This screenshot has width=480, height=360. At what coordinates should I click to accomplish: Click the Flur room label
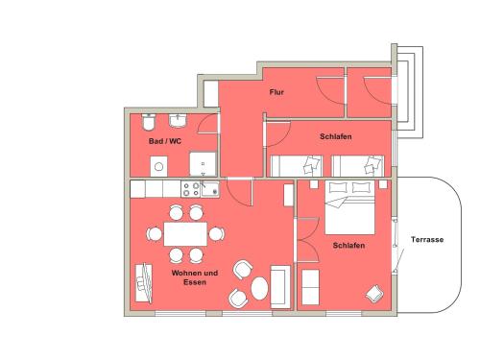276,92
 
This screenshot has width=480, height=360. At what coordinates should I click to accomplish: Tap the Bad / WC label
165,141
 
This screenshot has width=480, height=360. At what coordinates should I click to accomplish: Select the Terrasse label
427,239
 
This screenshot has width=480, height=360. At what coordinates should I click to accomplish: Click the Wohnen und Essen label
195,277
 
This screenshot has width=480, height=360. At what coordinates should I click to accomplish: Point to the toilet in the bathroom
149,122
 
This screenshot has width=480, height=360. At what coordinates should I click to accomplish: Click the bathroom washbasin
178,120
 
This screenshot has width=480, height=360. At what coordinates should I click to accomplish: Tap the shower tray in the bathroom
203,164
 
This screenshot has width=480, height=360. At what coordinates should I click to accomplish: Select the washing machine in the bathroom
158,166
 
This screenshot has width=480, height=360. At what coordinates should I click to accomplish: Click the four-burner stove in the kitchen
191,189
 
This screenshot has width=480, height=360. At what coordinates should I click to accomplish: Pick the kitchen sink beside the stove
210,189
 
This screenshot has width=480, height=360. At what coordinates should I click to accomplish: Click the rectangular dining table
185,234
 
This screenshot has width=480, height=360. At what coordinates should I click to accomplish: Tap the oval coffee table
259,288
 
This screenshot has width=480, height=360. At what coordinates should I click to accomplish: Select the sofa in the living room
280,286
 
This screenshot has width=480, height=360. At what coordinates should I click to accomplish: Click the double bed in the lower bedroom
349,207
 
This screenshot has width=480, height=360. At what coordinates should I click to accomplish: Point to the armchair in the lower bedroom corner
374,294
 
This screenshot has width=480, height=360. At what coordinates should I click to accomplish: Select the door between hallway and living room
239,192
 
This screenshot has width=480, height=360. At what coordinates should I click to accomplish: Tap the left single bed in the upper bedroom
297,166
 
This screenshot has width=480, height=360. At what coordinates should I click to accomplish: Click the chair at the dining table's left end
155,234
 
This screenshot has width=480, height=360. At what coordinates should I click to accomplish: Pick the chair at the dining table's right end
217,234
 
